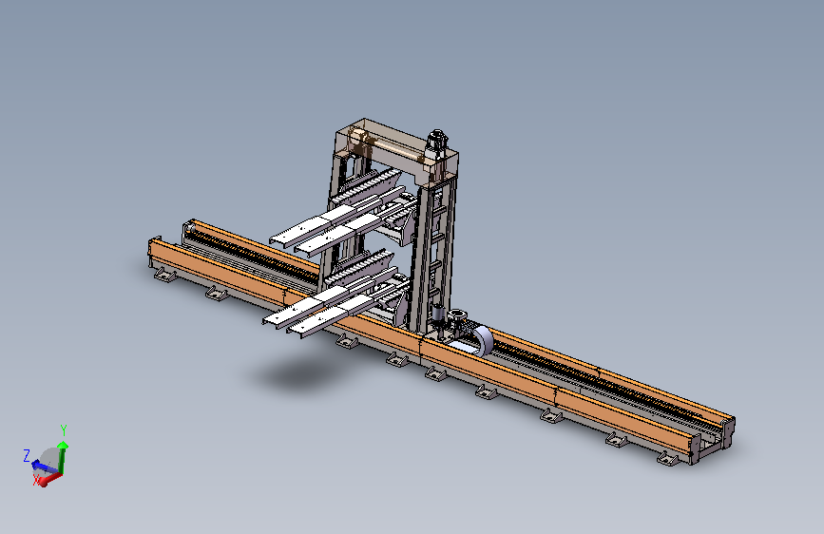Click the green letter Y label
click(x=64, y=429)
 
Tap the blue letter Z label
click(x=27, y=455)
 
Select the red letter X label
click(x=36, y=479)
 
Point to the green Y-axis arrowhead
click(x=63, y=446)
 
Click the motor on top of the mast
click(x=437, y=142)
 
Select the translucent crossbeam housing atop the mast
click(x=396, y=147)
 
